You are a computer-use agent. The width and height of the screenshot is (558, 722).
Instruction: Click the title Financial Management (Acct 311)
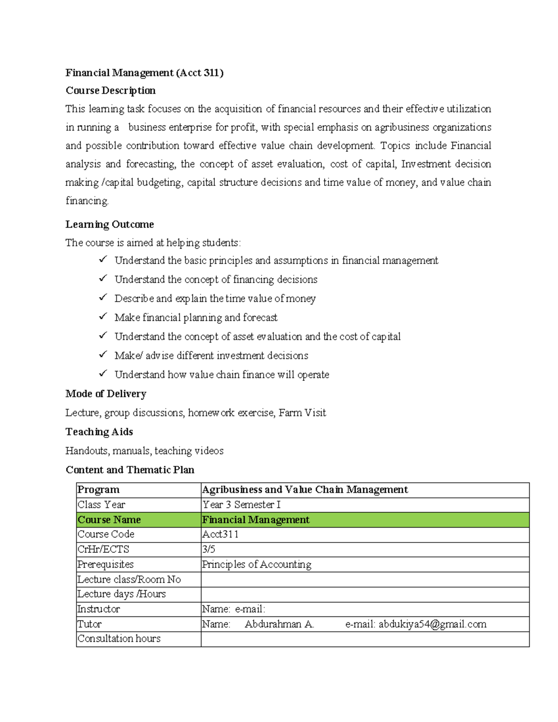(144, 73)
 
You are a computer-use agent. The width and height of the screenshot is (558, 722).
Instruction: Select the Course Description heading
(110, 91)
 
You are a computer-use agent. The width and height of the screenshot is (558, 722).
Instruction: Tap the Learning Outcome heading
(109, 225)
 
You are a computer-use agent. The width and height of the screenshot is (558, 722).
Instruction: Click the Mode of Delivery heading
(106, 394)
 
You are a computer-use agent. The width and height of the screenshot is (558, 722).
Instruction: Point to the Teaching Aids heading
(99, 432)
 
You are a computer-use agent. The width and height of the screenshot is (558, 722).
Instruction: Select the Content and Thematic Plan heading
(130, 470)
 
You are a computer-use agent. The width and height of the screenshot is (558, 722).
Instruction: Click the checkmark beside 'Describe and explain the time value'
(103, 297)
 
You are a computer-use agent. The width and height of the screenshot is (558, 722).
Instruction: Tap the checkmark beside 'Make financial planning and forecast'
(103, 316)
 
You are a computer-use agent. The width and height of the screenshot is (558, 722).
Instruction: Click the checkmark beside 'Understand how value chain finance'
(103, 373)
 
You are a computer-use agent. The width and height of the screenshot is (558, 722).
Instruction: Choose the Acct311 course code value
(220, 535)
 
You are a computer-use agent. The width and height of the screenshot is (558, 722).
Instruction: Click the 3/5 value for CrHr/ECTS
(209, 550)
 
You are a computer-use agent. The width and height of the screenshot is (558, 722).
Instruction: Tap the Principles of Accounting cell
(257, 564)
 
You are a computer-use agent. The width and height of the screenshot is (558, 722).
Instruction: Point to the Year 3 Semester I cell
(241, 505)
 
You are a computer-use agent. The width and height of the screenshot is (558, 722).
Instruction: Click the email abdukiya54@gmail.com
(432, 624)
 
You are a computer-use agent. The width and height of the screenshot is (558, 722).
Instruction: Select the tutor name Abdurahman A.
(279, 624)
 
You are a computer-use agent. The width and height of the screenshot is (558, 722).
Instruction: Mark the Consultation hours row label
(119, 639)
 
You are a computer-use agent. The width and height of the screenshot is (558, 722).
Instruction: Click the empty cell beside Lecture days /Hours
(365, 594)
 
